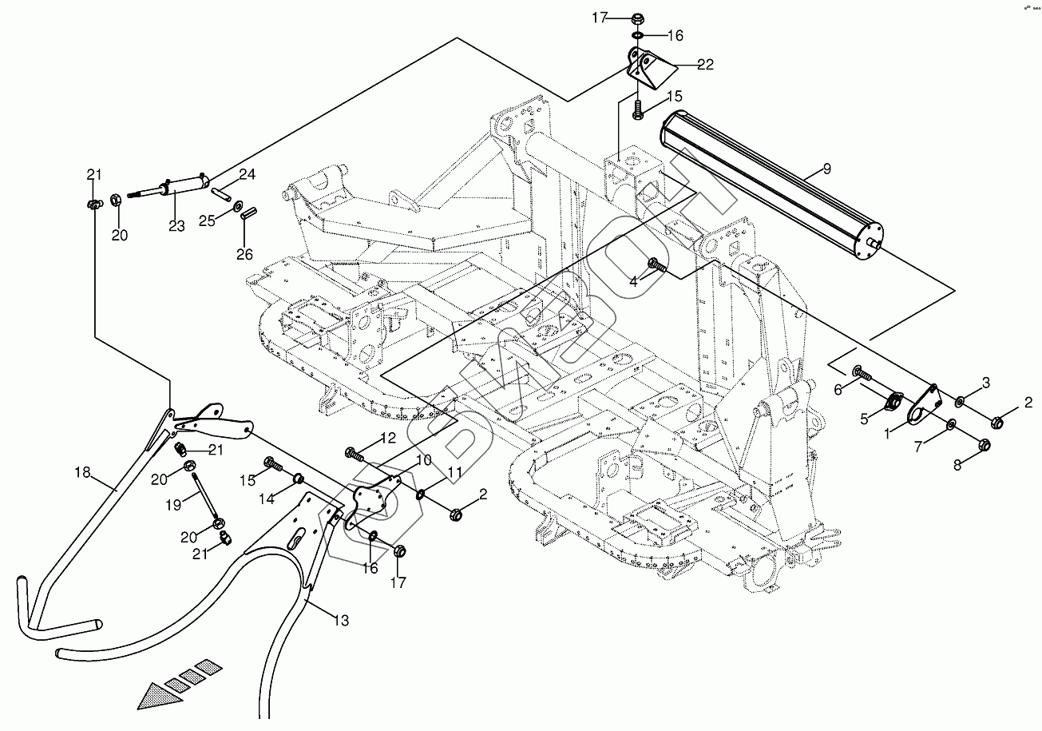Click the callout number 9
tap(826, 169)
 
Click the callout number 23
tap(176, 226)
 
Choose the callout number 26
tap(244, 254)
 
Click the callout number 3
tap(986, 383)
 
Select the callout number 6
tap(838, 389)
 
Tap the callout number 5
tap(864, 417)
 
